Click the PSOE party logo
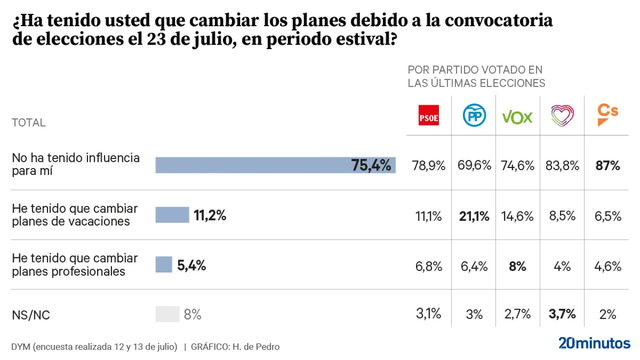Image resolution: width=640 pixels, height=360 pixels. [428, 115]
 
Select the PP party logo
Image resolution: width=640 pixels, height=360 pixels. [473, 116]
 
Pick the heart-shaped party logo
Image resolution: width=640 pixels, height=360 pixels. [562, 116]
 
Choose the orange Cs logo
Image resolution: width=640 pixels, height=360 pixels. [607, 114]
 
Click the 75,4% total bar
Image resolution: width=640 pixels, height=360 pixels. [275, 165]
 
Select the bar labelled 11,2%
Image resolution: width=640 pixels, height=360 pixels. [172, 215]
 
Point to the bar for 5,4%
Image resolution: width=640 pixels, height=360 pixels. [163, 264]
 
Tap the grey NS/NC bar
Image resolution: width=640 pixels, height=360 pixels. [167, 314]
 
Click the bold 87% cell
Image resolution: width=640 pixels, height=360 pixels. [608, 165]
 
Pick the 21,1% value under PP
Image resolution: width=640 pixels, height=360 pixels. [474, 216]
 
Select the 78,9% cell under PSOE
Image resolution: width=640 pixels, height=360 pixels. [428, 165]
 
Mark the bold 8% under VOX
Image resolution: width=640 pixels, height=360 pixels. [517, 266]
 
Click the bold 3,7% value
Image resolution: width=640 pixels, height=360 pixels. [562, 314]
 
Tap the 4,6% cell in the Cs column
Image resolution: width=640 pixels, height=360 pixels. [608, 266]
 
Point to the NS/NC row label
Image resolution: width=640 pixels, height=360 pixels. [30, 315]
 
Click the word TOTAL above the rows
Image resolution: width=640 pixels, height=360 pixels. [28, 122]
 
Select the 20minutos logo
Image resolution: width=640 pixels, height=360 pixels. [594, 343]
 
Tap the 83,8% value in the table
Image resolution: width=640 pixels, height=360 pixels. [562, 165]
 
